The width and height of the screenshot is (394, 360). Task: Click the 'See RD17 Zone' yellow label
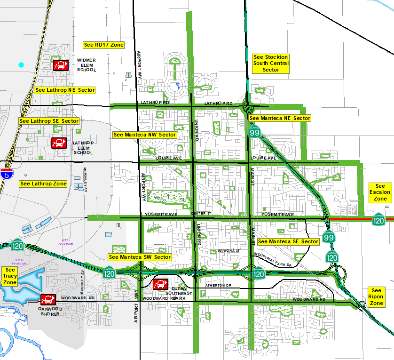tap(103, 45)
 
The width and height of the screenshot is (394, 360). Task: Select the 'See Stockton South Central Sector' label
tap(270, 63)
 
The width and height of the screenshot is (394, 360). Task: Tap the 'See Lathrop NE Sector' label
tap(65, 90)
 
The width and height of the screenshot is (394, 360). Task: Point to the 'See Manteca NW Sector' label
tap(145, 135)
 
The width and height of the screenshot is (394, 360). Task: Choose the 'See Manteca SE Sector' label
tap(288, 241)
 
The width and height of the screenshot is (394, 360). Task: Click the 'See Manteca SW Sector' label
tap(140, 257)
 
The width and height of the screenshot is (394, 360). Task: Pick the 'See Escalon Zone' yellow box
tap(380, 192)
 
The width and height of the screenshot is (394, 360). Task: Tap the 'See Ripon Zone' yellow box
tap(377, 297)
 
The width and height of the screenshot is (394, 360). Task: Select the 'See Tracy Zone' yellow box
tap(10, 276)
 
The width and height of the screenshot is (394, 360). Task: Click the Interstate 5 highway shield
tap(7, 174)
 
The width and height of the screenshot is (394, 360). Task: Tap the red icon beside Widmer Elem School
tap(60, 65)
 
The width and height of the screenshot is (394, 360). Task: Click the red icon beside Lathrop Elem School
tap(59, 142)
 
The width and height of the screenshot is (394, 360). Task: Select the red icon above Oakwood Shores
tap(48, 299)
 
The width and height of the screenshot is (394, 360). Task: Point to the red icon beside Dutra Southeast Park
tap(160, 284)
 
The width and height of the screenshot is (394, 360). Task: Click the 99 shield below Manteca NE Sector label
tap(254, 132)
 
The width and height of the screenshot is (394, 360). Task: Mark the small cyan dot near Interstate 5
tap(21, 65)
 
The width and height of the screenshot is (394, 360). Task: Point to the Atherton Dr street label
tap(219, 286)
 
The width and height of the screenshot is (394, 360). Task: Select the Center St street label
tap(198, 214)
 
